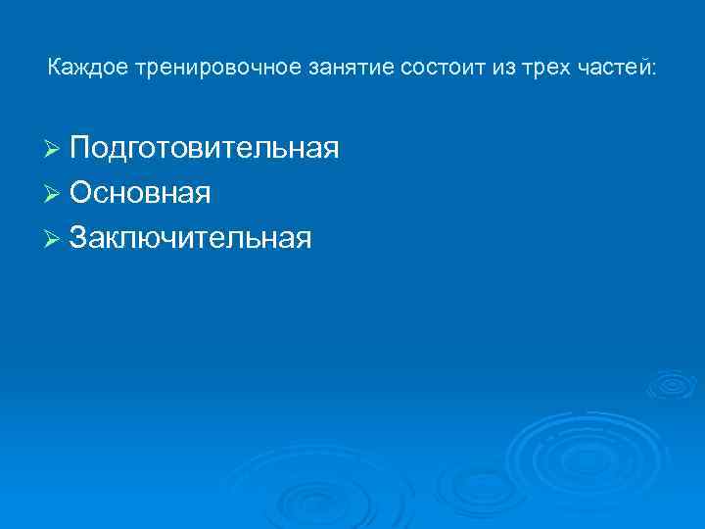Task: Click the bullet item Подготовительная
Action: coord(204,149)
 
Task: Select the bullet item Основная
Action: coord(139,193)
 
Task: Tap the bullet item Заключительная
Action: coord(190,237)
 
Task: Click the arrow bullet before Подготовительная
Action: coord(54,150)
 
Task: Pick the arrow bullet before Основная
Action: coord(54,194)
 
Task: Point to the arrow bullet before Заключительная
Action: coord(54,238)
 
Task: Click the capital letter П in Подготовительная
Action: coord(80,148)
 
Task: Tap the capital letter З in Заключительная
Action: coord(79,237)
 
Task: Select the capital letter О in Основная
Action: coord(81,193)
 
